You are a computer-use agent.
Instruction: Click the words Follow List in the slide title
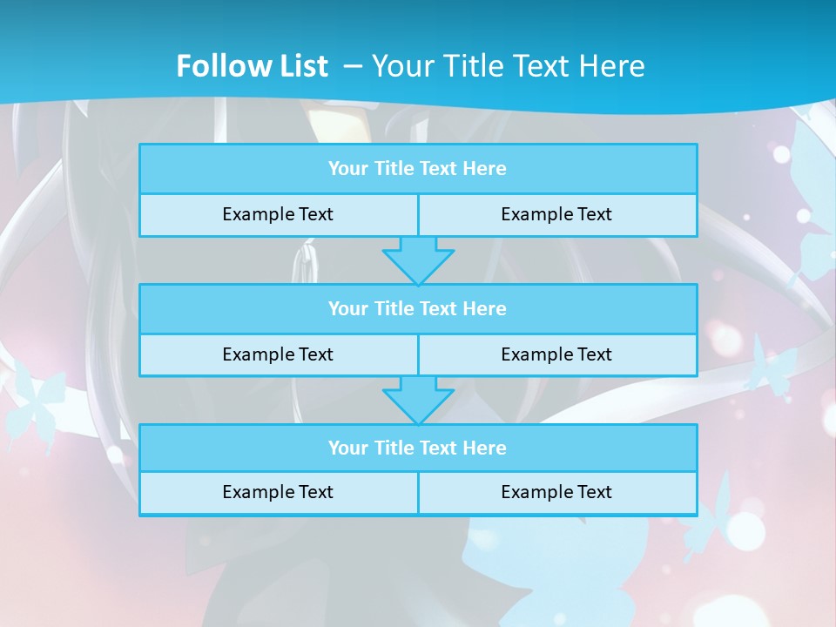252,66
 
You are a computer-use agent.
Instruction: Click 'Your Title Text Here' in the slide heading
508,66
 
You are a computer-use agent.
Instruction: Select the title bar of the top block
418,169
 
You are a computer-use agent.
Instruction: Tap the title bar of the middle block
418,309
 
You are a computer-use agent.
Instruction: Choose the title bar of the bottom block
418,448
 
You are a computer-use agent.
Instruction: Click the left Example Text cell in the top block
278,215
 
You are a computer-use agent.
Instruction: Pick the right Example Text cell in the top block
556,215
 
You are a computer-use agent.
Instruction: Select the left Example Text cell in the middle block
278,355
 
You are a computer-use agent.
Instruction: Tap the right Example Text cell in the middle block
556,355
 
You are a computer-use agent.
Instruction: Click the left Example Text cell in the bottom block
278,493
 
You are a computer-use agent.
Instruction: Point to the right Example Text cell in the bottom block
556,493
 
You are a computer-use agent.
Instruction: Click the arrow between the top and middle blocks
418,260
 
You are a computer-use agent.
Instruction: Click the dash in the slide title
353,66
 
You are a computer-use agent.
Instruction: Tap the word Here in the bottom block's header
485,448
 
